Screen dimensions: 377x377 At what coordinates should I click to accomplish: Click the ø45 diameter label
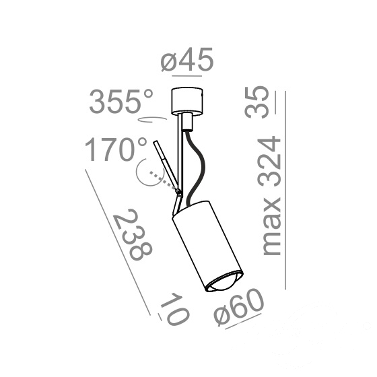tap(187, 59)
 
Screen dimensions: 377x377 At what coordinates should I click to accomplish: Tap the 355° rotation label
tap(121, 101)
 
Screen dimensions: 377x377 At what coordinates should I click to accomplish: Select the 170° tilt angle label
tap(116, 149)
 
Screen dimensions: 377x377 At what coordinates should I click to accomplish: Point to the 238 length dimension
tap(133, 234)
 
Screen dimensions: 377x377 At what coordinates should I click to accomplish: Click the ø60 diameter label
tap(239, 306)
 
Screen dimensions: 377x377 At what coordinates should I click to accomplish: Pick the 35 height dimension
tap(256, 102)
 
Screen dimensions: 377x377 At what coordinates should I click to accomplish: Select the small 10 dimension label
tap(175, 309)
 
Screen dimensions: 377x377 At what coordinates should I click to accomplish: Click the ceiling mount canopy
tap(187, 101)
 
